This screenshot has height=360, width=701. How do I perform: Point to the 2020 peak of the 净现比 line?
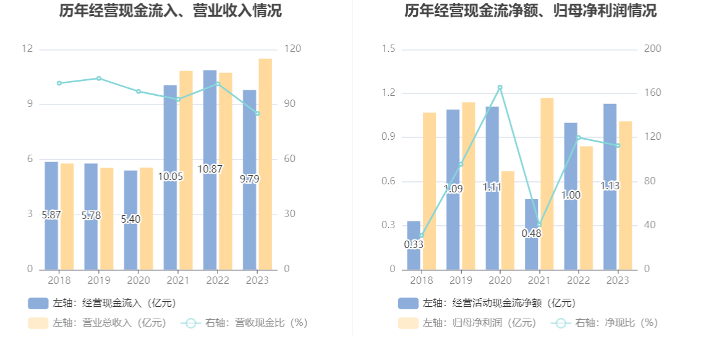click(499, 88)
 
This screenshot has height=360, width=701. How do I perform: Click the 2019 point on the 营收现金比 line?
click(99, 79)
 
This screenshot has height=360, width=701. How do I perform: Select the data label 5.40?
click(130, 219)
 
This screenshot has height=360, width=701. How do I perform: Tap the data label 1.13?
click(610, 186)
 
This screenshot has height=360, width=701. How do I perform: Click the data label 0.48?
click(532, 233)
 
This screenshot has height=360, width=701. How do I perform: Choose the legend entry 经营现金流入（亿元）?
click(102, 303)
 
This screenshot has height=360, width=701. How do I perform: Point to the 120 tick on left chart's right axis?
click(290, 49)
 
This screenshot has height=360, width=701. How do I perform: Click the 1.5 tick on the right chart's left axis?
click(388, 49)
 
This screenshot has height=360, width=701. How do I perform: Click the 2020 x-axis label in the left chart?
click(138, 280)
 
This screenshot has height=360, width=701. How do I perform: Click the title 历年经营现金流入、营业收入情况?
click(171, 11)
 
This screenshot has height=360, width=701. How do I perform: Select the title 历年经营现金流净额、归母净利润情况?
click(530, 11)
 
